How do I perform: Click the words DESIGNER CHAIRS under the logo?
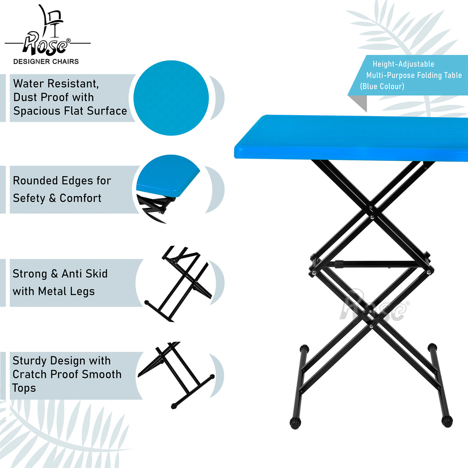point(46,62)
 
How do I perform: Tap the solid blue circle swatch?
point(171,98)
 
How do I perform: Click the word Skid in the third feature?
point(96,274)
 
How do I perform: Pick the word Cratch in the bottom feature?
point(30,374)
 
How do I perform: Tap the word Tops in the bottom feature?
point(24,388)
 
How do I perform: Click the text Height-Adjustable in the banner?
point(403,64)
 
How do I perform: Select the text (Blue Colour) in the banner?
point(382,86)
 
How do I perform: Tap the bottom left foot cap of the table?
point(295,423)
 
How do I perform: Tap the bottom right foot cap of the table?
point(447,421)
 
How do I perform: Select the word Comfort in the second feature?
point(80,198)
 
